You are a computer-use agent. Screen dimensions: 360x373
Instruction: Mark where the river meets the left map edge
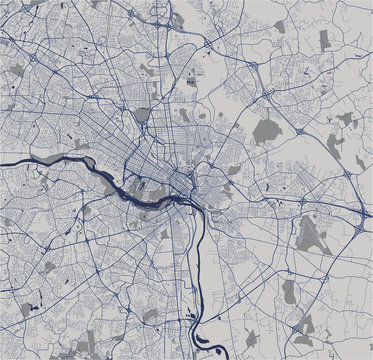click(x=2, y=161)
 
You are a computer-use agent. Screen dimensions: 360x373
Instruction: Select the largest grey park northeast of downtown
click(x=267, y=130)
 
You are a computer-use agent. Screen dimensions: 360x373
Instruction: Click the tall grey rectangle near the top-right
click(x=323, y=39)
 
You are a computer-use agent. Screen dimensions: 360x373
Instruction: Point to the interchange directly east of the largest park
click(x=304, y=132)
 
